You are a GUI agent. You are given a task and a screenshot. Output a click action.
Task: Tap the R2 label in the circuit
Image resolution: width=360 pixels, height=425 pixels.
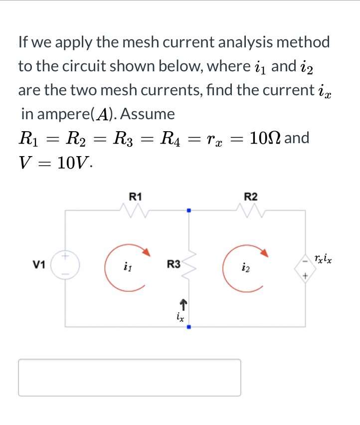(251, 197)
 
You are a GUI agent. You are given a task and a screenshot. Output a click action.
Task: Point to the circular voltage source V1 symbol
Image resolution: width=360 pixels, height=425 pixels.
(65, 265)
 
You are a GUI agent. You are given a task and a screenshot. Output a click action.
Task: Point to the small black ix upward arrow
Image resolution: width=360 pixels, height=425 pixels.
(183, 302)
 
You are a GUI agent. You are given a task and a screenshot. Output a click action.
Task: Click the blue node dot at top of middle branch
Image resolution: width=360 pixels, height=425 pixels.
(189, 210)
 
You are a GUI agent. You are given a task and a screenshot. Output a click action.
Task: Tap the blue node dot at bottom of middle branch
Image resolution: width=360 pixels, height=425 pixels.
(189, 327)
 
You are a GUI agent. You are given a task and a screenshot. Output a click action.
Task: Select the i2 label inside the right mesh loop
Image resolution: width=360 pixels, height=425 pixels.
(245, 269)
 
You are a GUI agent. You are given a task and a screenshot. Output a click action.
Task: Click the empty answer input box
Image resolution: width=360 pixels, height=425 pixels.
(130, 378)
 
